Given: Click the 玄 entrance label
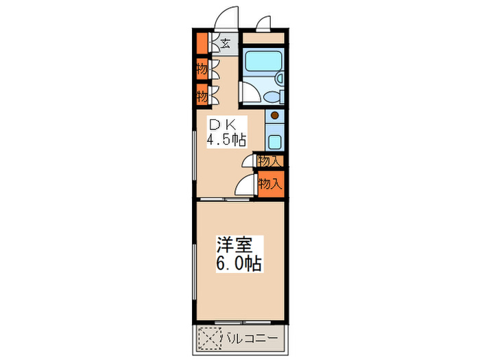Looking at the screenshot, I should click(225, 44).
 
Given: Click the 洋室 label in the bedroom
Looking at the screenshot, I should click(235, 245).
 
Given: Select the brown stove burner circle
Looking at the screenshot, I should click(275, 116).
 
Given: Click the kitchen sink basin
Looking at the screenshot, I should click(275, 142).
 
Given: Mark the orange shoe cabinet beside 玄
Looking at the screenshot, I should click(201, 44).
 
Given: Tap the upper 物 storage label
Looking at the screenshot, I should click(201, 69).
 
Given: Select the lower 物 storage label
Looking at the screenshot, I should click(201, 95).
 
